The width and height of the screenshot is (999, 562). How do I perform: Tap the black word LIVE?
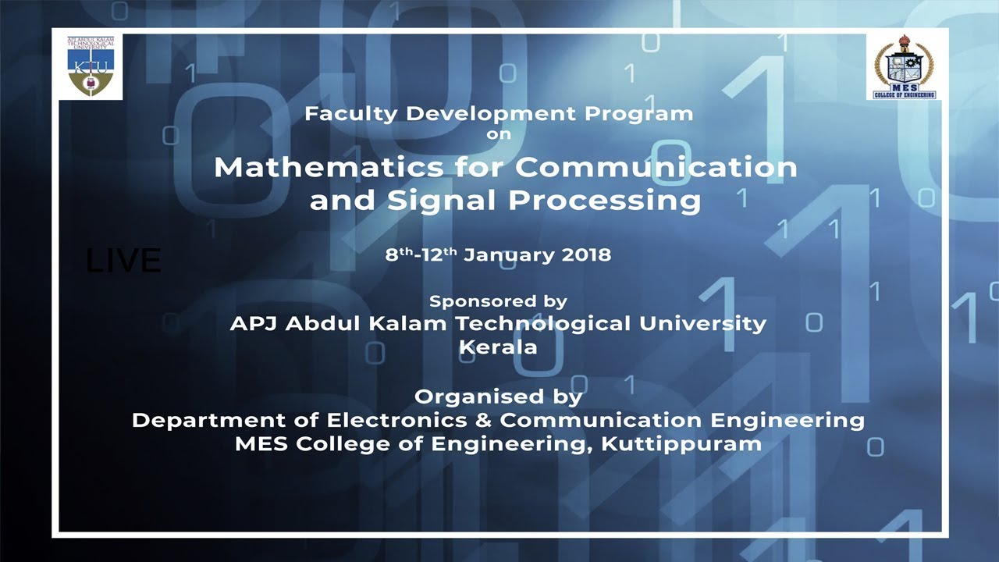123,261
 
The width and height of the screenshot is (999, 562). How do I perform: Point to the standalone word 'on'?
499,133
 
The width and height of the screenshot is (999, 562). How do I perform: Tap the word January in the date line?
507,254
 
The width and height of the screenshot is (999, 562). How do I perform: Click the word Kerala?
499,347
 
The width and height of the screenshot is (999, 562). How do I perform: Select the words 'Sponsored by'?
499,301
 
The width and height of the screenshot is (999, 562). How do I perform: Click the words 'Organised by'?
499,397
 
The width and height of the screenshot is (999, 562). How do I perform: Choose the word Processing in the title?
605,201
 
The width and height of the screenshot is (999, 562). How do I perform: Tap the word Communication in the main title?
656,168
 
